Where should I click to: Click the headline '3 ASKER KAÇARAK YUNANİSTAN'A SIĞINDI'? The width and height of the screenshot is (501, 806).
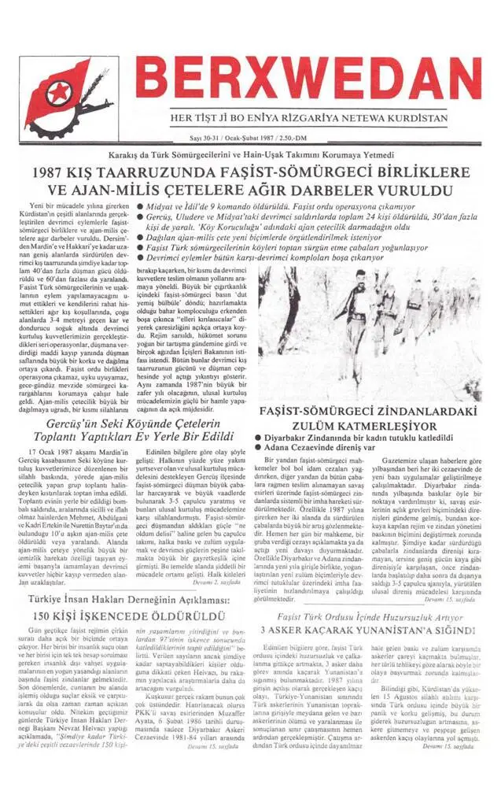[x=368, y=630]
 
